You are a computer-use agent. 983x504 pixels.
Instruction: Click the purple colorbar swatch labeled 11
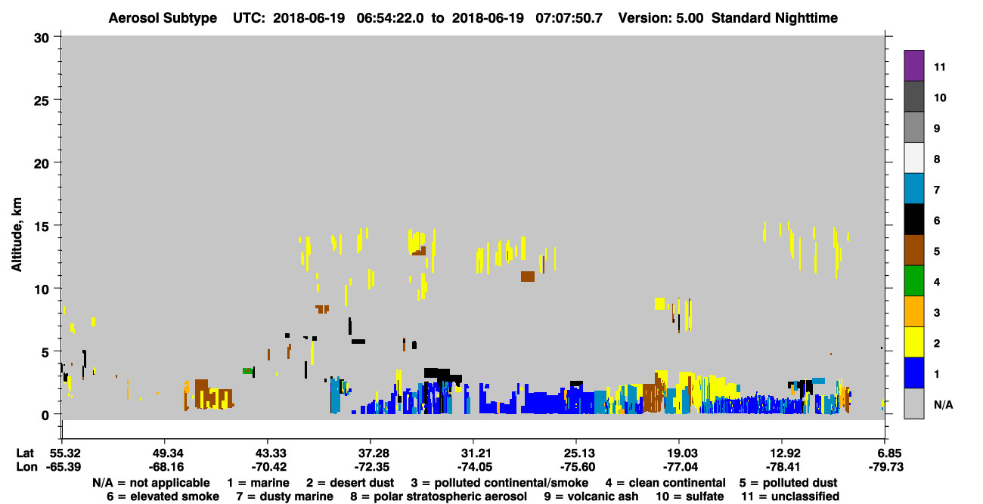pos(913,65)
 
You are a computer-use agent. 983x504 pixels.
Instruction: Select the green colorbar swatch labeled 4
pos(913,281)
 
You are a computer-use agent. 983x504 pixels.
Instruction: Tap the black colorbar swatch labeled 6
pos(913,219)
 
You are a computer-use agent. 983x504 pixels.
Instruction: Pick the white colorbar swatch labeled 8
pos(913,158)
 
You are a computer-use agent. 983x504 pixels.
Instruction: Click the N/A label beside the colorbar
pos(943,404)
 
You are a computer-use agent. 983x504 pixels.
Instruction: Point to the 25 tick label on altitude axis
pos(42,101)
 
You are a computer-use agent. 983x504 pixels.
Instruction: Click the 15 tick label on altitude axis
pos(42,227)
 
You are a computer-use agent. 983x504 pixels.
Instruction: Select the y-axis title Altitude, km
pos(17,235)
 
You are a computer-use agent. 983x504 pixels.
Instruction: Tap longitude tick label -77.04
pos(680,467)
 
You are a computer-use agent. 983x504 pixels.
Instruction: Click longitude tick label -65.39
pos(64,467)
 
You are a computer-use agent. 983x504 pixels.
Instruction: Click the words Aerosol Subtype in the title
pos(163,18)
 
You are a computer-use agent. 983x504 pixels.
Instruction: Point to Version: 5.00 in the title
pos(661,18)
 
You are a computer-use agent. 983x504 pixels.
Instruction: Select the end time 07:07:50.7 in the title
pos(569,18)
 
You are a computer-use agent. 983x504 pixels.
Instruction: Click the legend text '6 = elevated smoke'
pos(163,496)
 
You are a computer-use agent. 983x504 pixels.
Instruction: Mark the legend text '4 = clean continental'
pos(665,483)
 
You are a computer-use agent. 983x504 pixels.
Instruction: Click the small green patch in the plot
pos(247,371)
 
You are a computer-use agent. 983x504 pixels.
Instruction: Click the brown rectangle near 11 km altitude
pos(528,277)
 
